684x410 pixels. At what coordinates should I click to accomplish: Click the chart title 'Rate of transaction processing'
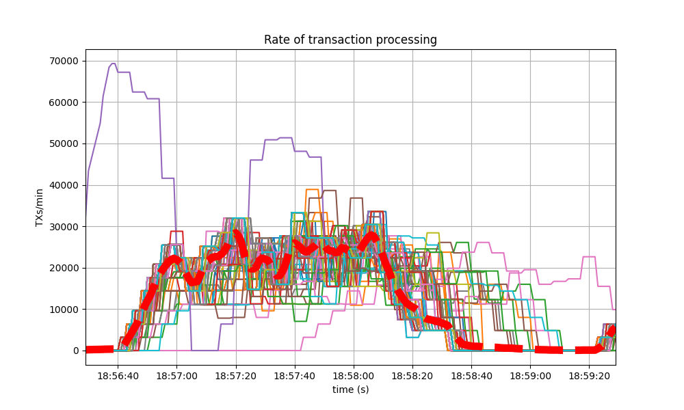tap(350, 40)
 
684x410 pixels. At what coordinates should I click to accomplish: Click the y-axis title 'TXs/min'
tap(40, 207)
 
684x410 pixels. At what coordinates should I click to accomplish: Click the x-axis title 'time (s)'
tap(350, 389)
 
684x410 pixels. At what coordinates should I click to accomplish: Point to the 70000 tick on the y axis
tap(63, 61)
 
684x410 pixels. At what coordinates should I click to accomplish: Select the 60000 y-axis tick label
tap(63, 102)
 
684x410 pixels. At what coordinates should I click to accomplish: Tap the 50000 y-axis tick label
tap(63, 143)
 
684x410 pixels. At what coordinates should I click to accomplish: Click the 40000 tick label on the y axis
tap(63, 185)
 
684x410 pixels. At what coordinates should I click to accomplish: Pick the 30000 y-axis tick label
tap(63, 226)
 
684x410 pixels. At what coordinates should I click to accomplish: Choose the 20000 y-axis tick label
tap(63, 268)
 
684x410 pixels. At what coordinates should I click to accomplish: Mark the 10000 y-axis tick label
tap(63, 310)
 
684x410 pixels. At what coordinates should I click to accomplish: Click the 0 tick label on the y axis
tap(76, 351)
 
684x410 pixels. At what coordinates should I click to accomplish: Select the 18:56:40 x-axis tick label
tap(118, 375)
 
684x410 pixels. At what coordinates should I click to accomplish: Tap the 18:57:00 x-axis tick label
tap(176, 375)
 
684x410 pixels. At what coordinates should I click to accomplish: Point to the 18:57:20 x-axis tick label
tap(236, 375)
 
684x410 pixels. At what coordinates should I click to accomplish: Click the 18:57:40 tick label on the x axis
tap(295, 375)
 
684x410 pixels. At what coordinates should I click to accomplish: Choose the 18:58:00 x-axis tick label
tap(354, 375)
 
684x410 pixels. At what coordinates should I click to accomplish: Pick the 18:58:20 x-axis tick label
tap(412, 375)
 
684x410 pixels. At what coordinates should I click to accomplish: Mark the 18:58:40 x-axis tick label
tap(472, 375)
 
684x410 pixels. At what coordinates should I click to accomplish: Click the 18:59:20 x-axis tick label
tap(590, 375)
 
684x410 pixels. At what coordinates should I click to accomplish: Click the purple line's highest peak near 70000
tap(113, 64)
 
